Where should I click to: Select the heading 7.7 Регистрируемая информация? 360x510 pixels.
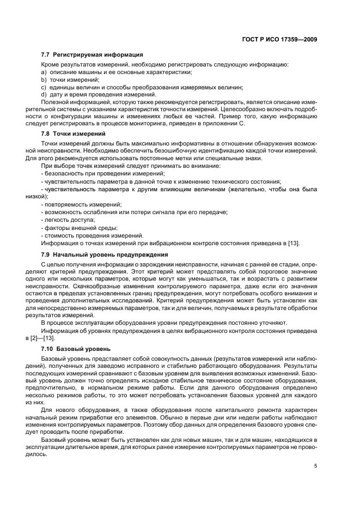point(92,55)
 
